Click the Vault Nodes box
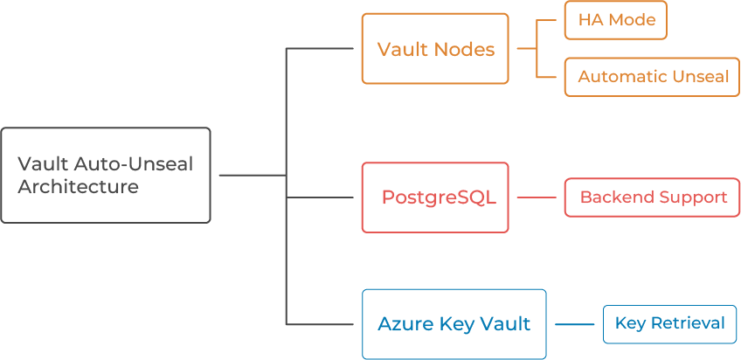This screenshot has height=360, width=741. [x=435, y=49]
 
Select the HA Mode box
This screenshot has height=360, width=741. [x=615, y=21]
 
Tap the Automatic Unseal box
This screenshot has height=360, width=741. [x=653, y=77]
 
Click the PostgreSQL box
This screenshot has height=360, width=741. [x=435, y=197]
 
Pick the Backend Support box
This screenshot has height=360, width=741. [x=653, y=197]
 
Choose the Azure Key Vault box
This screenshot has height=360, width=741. [x=454, y=324]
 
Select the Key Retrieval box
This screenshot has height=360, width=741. [x=669, y=324]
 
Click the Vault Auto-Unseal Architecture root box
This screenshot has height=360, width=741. [x=106, y=175]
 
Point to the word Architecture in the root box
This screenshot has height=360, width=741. [x=78, y=187]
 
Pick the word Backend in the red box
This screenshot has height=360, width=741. [x=610, y=197]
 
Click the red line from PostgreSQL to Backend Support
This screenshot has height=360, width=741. [x=537, y=197]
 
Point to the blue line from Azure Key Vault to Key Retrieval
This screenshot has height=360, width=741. [x=574, y=325]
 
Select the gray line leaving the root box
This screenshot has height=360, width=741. [x=249, y=175]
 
